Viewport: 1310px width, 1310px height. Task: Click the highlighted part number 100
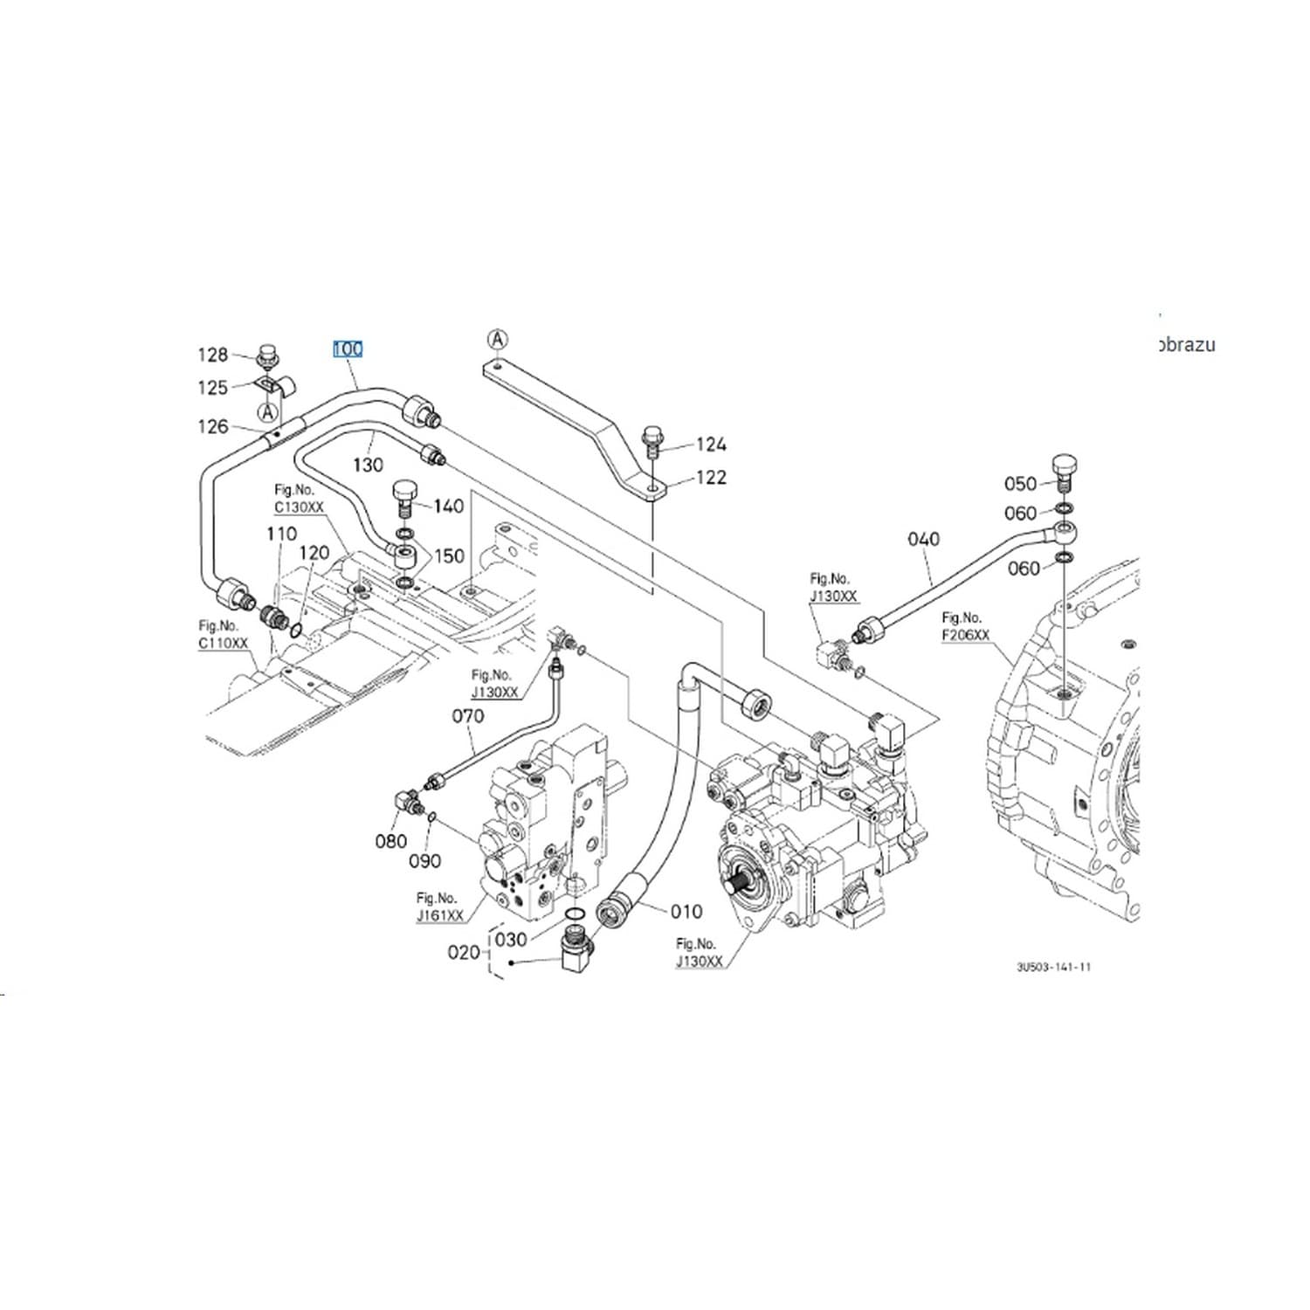[x=348, y=349]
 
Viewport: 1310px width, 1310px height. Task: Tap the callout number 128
[x=212, y=355]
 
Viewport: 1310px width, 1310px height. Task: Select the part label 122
[x=711, y=478]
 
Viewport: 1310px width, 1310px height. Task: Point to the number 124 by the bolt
[x=711, y=445]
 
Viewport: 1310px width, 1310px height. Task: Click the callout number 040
[x=923, y=539]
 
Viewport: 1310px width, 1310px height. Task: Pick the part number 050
[x=1020, y=484]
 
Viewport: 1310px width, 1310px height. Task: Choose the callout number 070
[x=467, y=716]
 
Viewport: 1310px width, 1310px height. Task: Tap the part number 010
[x=686, y=912]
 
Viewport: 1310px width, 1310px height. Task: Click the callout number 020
[x=464, y=952]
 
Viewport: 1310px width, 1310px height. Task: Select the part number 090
[x=425, y=861]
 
